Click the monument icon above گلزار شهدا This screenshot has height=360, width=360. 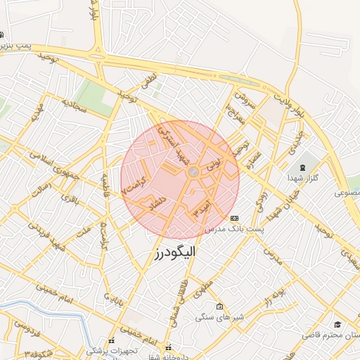pyautogui.click(x=303, y=168)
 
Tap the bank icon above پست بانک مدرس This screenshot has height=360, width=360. pyautogui.click(x=234, y=218)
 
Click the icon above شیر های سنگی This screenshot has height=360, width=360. pyautogui.click(x=220, y=307)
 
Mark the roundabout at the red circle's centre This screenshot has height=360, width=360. pyautogui.click(x=193, y=172)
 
